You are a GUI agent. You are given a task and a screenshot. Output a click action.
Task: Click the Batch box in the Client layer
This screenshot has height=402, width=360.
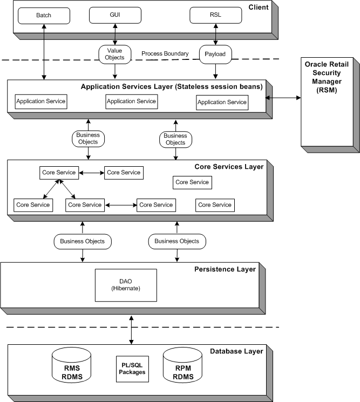pos(44,15)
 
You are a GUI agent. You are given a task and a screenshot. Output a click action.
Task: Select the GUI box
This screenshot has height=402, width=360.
pos(114,15)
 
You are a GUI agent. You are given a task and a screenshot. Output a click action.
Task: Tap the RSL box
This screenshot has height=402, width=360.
pos(215,15)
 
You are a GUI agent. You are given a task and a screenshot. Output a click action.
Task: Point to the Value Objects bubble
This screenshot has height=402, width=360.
pos(114,53)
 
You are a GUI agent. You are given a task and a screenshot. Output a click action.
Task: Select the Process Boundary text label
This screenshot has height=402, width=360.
pos(165,53)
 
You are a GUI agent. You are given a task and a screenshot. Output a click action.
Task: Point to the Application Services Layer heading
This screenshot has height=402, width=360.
pos(172,86)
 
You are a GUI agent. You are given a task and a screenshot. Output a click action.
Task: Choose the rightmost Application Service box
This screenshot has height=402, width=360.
pos(222,101)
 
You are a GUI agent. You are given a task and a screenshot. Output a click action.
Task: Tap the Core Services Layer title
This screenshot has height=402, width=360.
pos(229,167)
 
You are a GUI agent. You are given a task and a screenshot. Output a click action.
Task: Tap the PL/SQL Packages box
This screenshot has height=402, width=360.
pos(132,368)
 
